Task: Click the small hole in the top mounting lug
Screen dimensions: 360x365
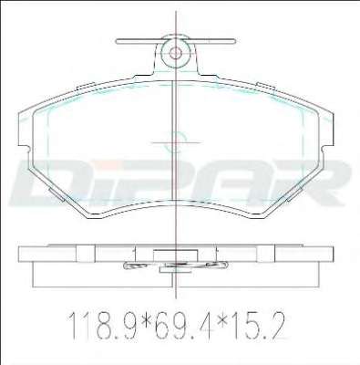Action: point(175,54)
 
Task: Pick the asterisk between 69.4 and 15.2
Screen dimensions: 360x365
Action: point(218,319)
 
